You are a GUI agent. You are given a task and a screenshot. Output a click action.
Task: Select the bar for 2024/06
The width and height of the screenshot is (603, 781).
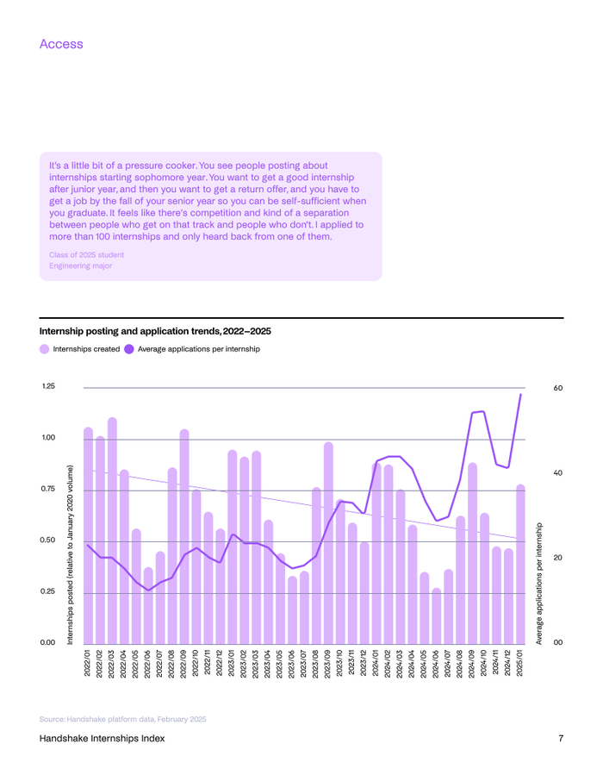click(x=437, y=616)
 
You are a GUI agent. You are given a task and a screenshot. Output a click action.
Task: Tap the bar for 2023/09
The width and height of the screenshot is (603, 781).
click(x=328, y=543)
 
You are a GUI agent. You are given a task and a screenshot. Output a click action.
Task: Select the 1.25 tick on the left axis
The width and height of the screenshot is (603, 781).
click(x=48, y=386)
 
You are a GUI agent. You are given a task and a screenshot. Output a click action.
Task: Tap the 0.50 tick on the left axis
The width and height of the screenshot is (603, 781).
click(x=48, y=540)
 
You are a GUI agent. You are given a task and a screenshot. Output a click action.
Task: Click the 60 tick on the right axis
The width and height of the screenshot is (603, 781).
click(x=558, y=388)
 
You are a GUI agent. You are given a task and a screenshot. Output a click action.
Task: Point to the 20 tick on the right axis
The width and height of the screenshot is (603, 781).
click(x=558, y=558)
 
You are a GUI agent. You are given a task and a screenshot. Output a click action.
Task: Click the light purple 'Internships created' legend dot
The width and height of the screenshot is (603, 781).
click(x=45, y=349)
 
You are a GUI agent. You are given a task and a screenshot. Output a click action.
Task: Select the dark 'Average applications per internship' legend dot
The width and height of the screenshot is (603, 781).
click(x=129, y=349)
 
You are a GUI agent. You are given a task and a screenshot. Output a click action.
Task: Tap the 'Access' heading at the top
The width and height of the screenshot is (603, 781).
click(x=61, y=43)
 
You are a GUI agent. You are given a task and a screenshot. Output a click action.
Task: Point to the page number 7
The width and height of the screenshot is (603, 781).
click(x=560, y=739)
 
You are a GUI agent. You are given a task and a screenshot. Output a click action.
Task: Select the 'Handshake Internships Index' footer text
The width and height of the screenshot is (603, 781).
click(x=102, y=739)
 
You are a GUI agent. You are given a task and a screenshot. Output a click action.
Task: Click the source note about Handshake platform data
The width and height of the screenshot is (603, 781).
click(x=122, y=718)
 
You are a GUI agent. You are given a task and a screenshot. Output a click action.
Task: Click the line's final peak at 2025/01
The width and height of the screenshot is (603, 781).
click(x=520, y=395)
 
